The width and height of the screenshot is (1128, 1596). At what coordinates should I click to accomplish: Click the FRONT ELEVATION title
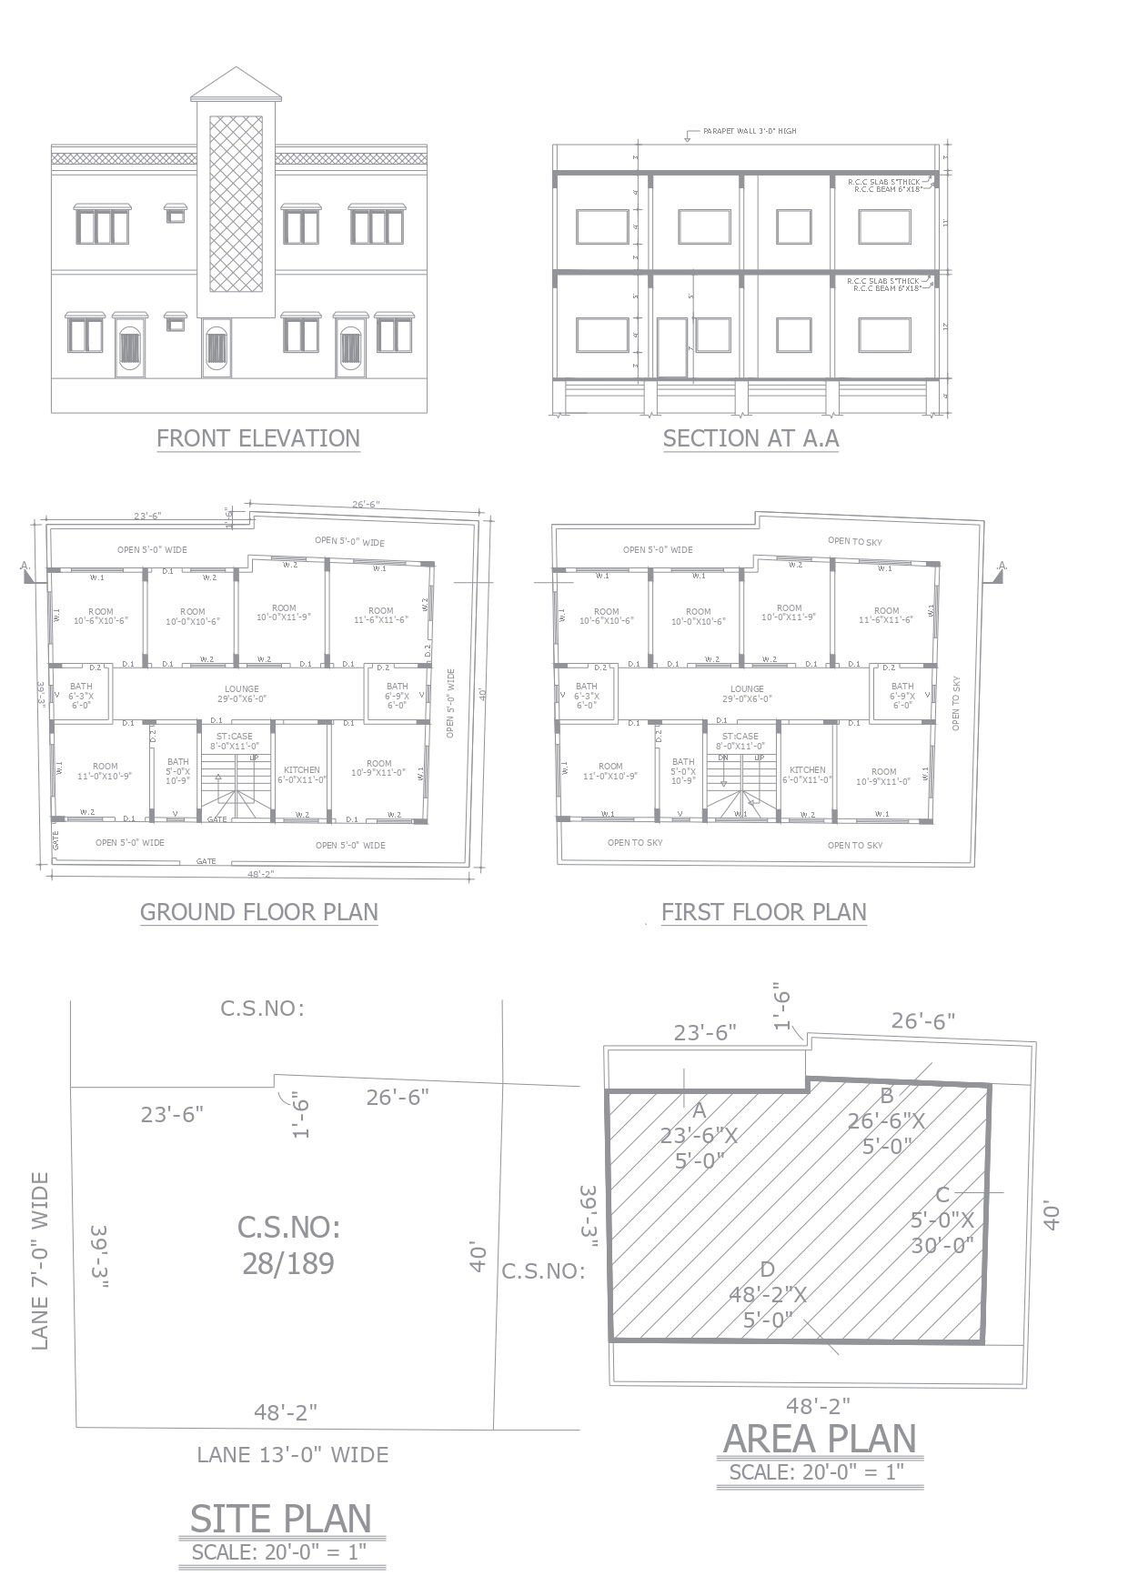tap(258, 438)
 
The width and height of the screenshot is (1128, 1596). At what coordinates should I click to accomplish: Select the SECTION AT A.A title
tap(750, 438)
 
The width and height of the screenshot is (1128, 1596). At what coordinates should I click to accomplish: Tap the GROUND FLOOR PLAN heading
tap(258, 912)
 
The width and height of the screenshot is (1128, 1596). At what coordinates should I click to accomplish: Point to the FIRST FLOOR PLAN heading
tap(763, 912)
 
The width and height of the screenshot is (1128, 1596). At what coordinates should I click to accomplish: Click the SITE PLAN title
tap(281, 1519)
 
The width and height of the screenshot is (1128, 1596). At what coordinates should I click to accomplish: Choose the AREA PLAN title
tap(820, 1439)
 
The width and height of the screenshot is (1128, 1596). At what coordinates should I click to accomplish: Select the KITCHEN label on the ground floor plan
tap(302, 769)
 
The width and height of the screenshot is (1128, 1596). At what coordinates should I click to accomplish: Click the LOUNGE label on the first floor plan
tap(747, 688)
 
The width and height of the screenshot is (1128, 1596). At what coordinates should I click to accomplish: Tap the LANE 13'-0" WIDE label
tap(293, 1455)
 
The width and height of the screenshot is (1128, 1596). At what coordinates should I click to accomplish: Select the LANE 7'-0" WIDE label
tap(41, 1260)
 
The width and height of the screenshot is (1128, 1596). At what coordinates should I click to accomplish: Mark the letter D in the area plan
tap(767, 1270)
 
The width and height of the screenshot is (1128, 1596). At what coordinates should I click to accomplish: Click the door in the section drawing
tap(672, 346)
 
